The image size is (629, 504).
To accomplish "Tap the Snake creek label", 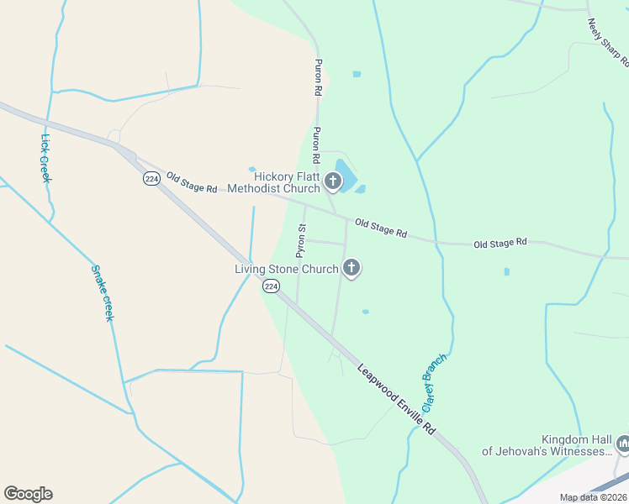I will pos(102,292).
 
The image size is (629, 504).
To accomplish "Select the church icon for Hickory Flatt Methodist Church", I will pos(333,181).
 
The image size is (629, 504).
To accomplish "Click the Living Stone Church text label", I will pos(286,270).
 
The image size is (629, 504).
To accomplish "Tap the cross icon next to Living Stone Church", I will pos(351,269).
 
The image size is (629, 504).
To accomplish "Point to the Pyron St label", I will pos(300,240).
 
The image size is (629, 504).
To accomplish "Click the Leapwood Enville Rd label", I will pos(396,398).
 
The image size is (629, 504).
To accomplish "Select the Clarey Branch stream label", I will pos(434,375).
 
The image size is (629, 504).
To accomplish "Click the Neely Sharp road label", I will pos(608,43).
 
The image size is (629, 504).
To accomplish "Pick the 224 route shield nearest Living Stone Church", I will pos(270,286).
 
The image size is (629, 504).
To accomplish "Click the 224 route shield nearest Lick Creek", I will pos(151,179).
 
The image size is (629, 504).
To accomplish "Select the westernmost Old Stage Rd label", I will pos(192,181).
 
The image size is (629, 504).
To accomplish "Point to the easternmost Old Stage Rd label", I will pos(499,243).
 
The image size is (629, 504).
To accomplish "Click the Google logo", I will pos(28,494).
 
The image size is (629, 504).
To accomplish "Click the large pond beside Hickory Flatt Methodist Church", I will pos(345,173).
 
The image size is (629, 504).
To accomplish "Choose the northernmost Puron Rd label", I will pos(318,76).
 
